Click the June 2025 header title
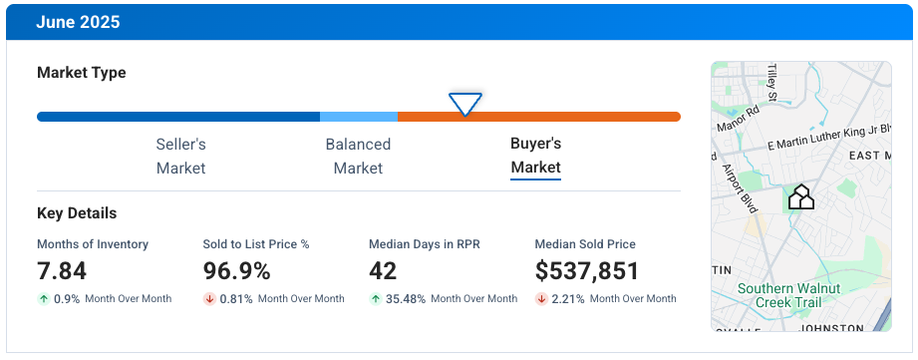click(78, 22)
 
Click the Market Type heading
click(82, 73)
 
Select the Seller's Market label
click(180, 156)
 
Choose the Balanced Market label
click(358, 156)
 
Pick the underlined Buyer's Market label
click(535, 156)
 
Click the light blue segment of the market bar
click(358, 117)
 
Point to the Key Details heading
click(77, 213)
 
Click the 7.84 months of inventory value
click(62, 270)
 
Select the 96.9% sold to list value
click(236, 270)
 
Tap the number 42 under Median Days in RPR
click(383, 270)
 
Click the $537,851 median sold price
click(586, 270)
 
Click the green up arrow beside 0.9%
click(44, 298)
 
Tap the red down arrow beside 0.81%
click(209, 298)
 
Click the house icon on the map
click(801, 196)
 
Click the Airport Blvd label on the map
click(740, 188)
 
